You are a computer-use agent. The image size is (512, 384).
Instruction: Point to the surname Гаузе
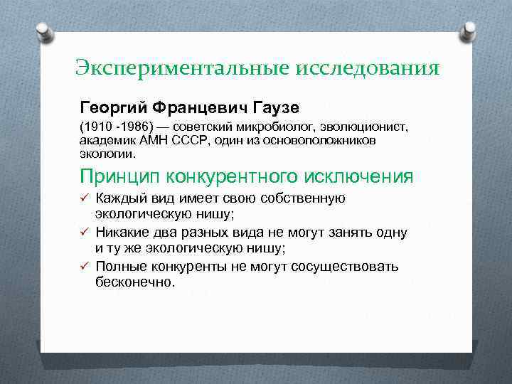274,107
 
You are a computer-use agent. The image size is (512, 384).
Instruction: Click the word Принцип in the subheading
122,175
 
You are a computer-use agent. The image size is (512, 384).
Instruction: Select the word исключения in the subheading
355,175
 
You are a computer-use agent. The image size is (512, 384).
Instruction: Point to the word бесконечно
134,282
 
